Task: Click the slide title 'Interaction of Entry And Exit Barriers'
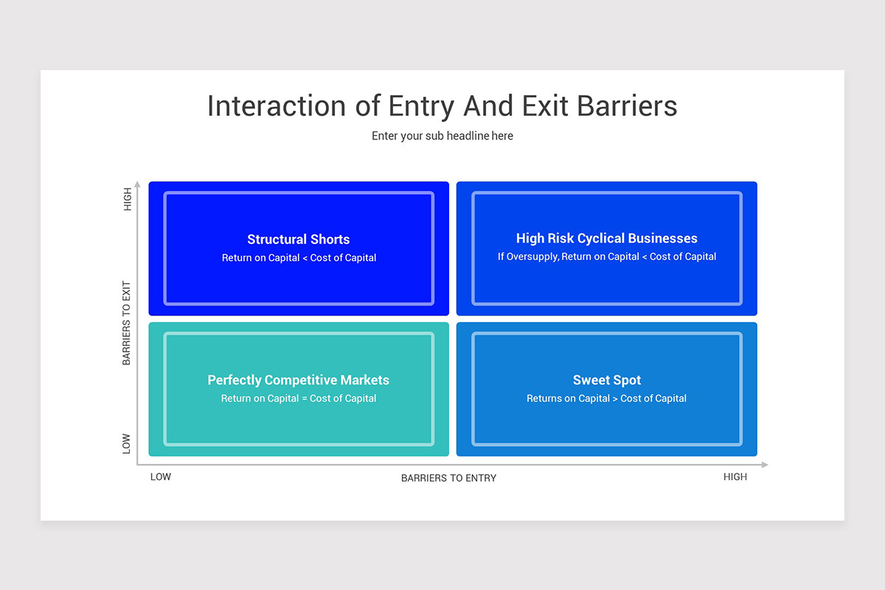tap(442, 106)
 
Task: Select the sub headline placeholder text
tap(442, 136)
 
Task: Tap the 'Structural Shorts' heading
tap(298, 240)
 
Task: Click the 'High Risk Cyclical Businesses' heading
tap(606, 238)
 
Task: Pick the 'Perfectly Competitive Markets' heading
tap(298, 381)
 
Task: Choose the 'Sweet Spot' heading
tap(606, 381)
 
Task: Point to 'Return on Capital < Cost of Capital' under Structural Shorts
tap(299, 258)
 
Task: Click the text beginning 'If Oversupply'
tap(606, 257)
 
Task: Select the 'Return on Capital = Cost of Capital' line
tap(298, 398)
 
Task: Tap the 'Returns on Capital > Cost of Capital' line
tap(606, 398)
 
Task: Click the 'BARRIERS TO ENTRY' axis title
tap(448, 478)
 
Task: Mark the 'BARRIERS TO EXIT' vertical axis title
tap(127, 323)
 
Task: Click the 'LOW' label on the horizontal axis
tap(161, 477)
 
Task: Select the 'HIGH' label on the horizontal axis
tap(735, 477)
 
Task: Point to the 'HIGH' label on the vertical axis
tap(128, 200)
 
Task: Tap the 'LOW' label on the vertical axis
tap(127, 443)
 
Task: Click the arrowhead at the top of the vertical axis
tap(137, 184)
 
